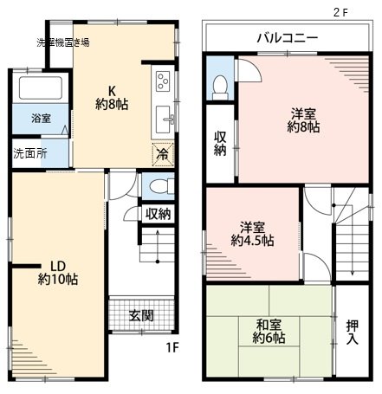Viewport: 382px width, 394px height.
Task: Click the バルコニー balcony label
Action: [288, 38]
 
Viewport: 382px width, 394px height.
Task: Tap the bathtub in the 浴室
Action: [41, 87]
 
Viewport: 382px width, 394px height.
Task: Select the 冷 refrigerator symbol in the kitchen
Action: [163, 154]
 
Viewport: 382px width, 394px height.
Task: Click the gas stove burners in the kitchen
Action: [163, 81]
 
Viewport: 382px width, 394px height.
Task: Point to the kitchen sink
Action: [164, 119]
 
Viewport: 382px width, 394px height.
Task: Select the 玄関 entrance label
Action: [141, 316]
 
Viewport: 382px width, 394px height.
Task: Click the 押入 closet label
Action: [353, 333]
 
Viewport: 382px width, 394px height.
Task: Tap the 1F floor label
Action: [172, 347]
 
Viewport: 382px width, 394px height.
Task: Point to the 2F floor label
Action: [340, 12]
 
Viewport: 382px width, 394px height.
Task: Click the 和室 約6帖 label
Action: [269, 332]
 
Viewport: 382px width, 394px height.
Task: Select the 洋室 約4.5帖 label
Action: [252, 234]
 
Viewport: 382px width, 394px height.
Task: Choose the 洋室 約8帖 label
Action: [303, 120]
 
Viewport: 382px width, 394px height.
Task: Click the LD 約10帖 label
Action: [58, 273]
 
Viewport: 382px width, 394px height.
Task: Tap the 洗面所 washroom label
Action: [30, 153]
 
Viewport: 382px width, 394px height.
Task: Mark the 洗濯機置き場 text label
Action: [63, 42]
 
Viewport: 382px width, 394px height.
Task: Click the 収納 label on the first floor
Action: [158, 214]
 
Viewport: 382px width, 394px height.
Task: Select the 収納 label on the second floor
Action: [220, 144]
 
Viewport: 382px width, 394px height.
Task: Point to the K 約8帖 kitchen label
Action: [112, 98]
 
